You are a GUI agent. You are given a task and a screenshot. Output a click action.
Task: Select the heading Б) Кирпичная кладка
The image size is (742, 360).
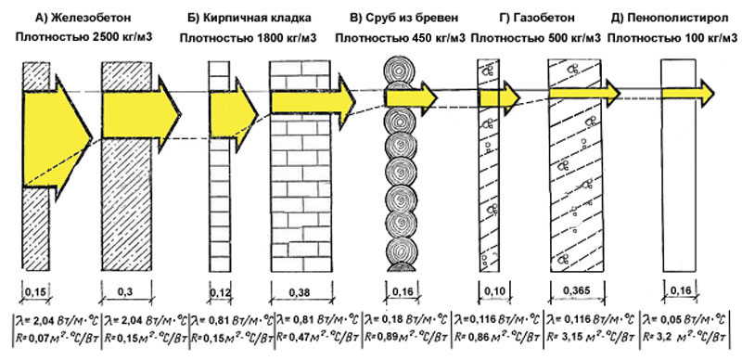pyautogui.click(x=248, y=17)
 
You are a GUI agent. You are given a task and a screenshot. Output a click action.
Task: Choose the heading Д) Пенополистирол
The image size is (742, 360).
pyautogui.click(x=666, y=17)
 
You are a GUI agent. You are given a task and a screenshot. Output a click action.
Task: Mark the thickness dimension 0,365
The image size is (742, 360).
pyautogui.click(x=582, y=292)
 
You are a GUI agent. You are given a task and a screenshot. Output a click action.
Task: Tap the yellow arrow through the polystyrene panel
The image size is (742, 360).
pyautogui.click(x=682, y=91)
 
